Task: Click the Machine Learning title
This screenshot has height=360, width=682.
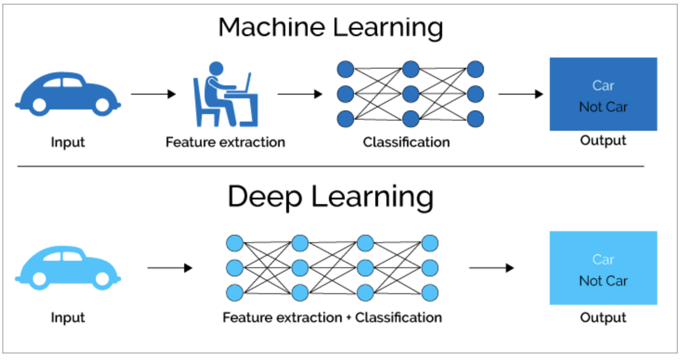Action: pyautogui.click(x=331, y=28)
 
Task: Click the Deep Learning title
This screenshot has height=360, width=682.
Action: pyautogui.click(x=331, y=198)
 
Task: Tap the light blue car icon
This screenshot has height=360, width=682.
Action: pyautogui.click(x=68, y=268)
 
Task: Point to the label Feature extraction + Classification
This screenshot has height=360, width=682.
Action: pyautogui.click(x=332, y=318)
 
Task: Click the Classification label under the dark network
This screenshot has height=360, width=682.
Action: pyautogui.click(x=406, y=142)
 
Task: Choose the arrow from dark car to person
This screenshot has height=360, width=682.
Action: pyautogui.click(x=153, y=94)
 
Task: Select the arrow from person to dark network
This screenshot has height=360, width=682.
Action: pyautogui.click(x=300, y=94)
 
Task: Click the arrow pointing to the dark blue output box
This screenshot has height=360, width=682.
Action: pyautogui.click(x=520, y=94)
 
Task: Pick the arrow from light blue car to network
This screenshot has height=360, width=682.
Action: pyautogui.click(x=169, y=268)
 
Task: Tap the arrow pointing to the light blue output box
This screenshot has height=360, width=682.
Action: pyautogui.click(x=491, y=268)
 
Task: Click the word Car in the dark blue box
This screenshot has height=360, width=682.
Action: pyautogui.click(x=603, y=85)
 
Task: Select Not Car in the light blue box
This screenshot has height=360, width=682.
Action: pyautogui.click(x=603, y=281)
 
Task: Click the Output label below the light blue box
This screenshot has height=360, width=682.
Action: pyautogui.click(x=603, y=318)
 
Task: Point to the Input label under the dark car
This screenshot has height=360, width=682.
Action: pyautogui.click(x=68, y=142)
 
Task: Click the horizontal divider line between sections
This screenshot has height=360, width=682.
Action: pyautogui.click(x=331, y=166)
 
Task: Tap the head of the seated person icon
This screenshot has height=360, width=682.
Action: pyautogui.click(x=216, y=69)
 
